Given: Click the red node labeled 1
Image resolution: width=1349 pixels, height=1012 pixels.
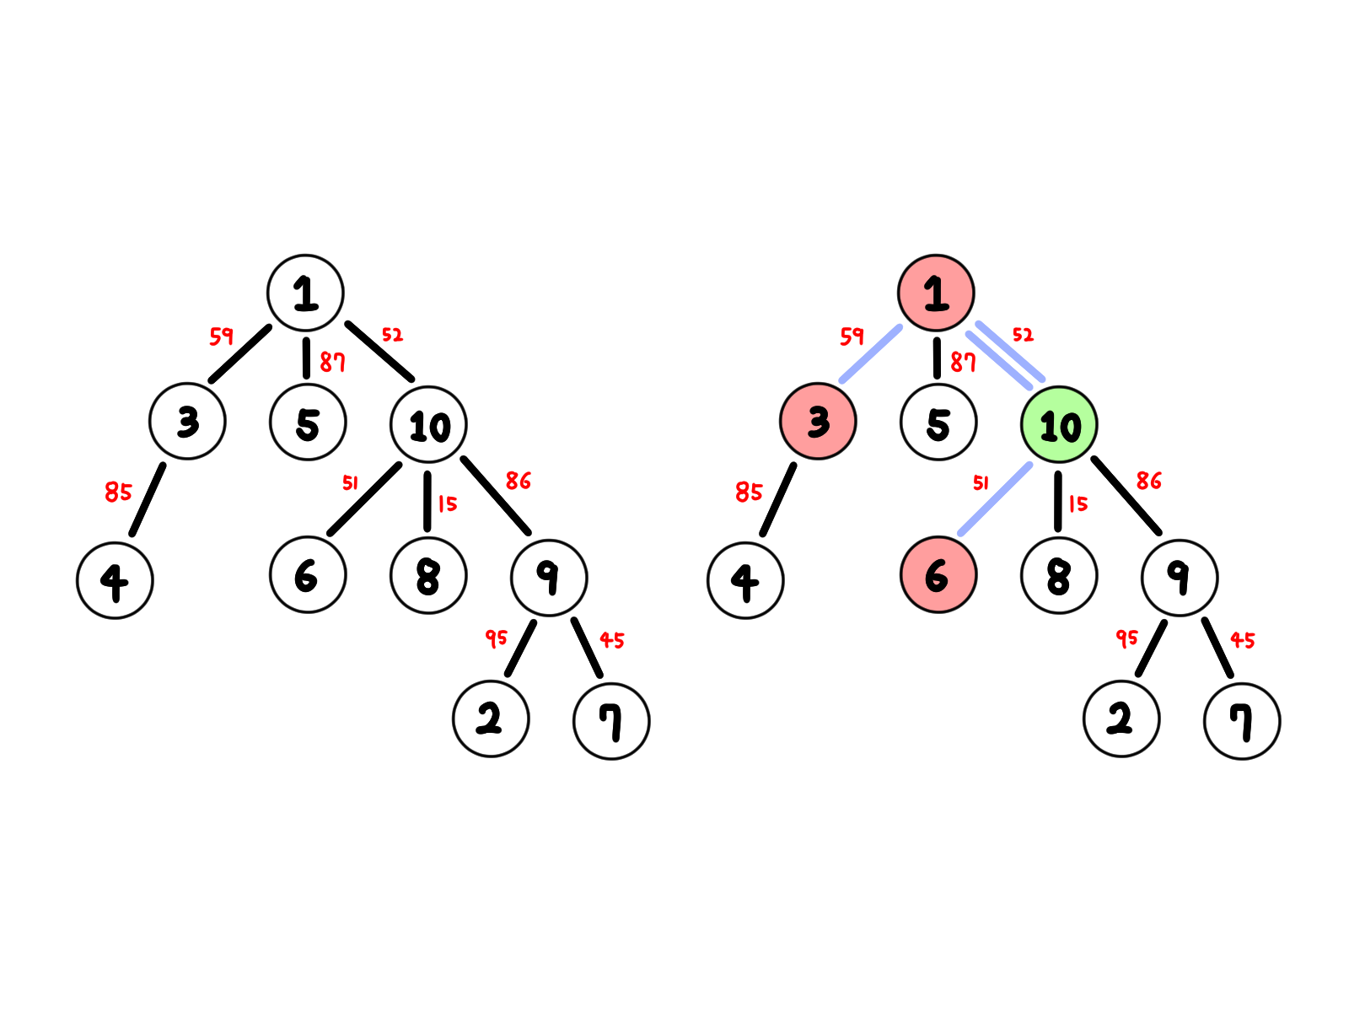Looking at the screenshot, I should pyautogui.click(x=936, y=293).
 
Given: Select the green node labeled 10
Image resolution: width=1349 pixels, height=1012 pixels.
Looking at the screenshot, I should pyautogui.click(x=1059, y=425).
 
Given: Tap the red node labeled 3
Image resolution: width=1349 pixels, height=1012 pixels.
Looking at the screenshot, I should pyautogui.click(x=818, y=421).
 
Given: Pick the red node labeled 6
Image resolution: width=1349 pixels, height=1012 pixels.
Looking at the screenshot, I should pyautogui.click(x=938, y=574).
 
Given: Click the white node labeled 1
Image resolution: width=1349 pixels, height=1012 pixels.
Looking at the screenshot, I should pyautogui.click(x=305, y=293).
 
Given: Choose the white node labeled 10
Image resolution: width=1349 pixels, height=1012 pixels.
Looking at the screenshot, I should pyautogui.click(x=428, y=425).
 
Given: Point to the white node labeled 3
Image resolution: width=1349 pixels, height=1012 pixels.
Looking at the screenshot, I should pyautogui.click(x=187, y=421).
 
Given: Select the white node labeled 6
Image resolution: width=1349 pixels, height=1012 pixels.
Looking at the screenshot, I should pyautogui.click(x=308, y=574).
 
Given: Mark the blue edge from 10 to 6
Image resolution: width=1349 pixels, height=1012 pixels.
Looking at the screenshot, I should pyautogui.click(x=996, y=498).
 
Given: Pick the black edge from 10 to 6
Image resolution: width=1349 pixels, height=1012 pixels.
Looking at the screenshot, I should pyautogui.click(x=365, y=498).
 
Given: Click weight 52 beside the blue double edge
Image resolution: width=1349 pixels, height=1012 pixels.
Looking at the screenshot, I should pyautogui.click(x=1023, y=335).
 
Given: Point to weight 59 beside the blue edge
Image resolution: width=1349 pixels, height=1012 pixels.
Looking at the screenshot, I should pyautogui.click(x=852, y=336).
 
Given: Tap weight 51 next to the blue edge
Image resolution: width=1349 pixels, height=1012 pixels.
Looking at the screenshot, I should pyautogui.click(x=981, y=482).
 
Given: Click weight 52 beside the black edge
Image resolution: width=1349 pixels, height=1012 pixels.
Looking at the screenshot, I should pyautogui.click(x=392, y=335).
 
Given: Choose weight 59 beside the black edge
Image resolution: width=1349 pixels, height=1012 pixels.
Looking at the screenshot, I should pyautogui.click(x=221, y=336).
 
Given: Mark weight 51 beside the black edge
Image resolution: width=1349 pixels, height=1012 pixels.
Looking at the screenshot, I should pyautogui.click(x=350, y=482).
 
